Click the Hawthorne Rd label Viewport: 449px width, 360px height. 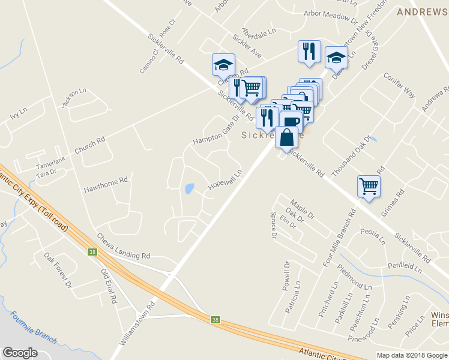tap(106, 180)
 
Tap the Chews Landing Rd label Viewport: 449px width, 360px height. tap(123, 247)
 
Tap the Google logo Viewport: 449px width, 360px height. tap(20, 353)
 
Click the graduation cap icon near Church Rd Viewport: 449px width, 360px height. tap(223, 64)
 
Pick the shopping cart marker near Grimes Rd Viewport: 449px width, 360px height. tap(369, 185)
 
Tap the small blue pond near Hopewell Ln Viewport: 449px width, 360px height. tap(190, 188)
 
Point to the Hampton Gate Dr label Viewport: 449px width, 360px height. tap(212, 133)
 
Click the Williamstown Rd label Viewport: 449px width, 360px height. tap(137, 323)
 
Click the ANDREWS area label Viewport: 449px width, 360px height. tap(423, 11)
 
